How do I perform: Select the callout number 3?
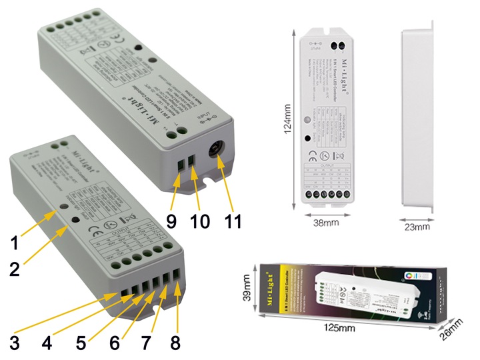[x=14, y=345]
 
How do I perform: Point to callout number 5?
[x=81, y=345]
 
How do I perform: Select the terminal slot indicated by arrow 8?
[x=176, y=273]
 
